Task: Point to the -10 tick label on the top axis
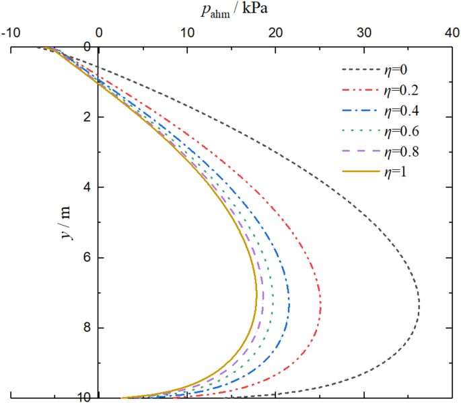tap(11, 33)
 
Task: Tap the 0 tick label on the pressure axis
tap(98, 33)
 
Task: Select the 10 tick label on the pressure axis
tap(187, 33)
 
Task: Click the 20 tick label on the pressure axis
tap(275, 33)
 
